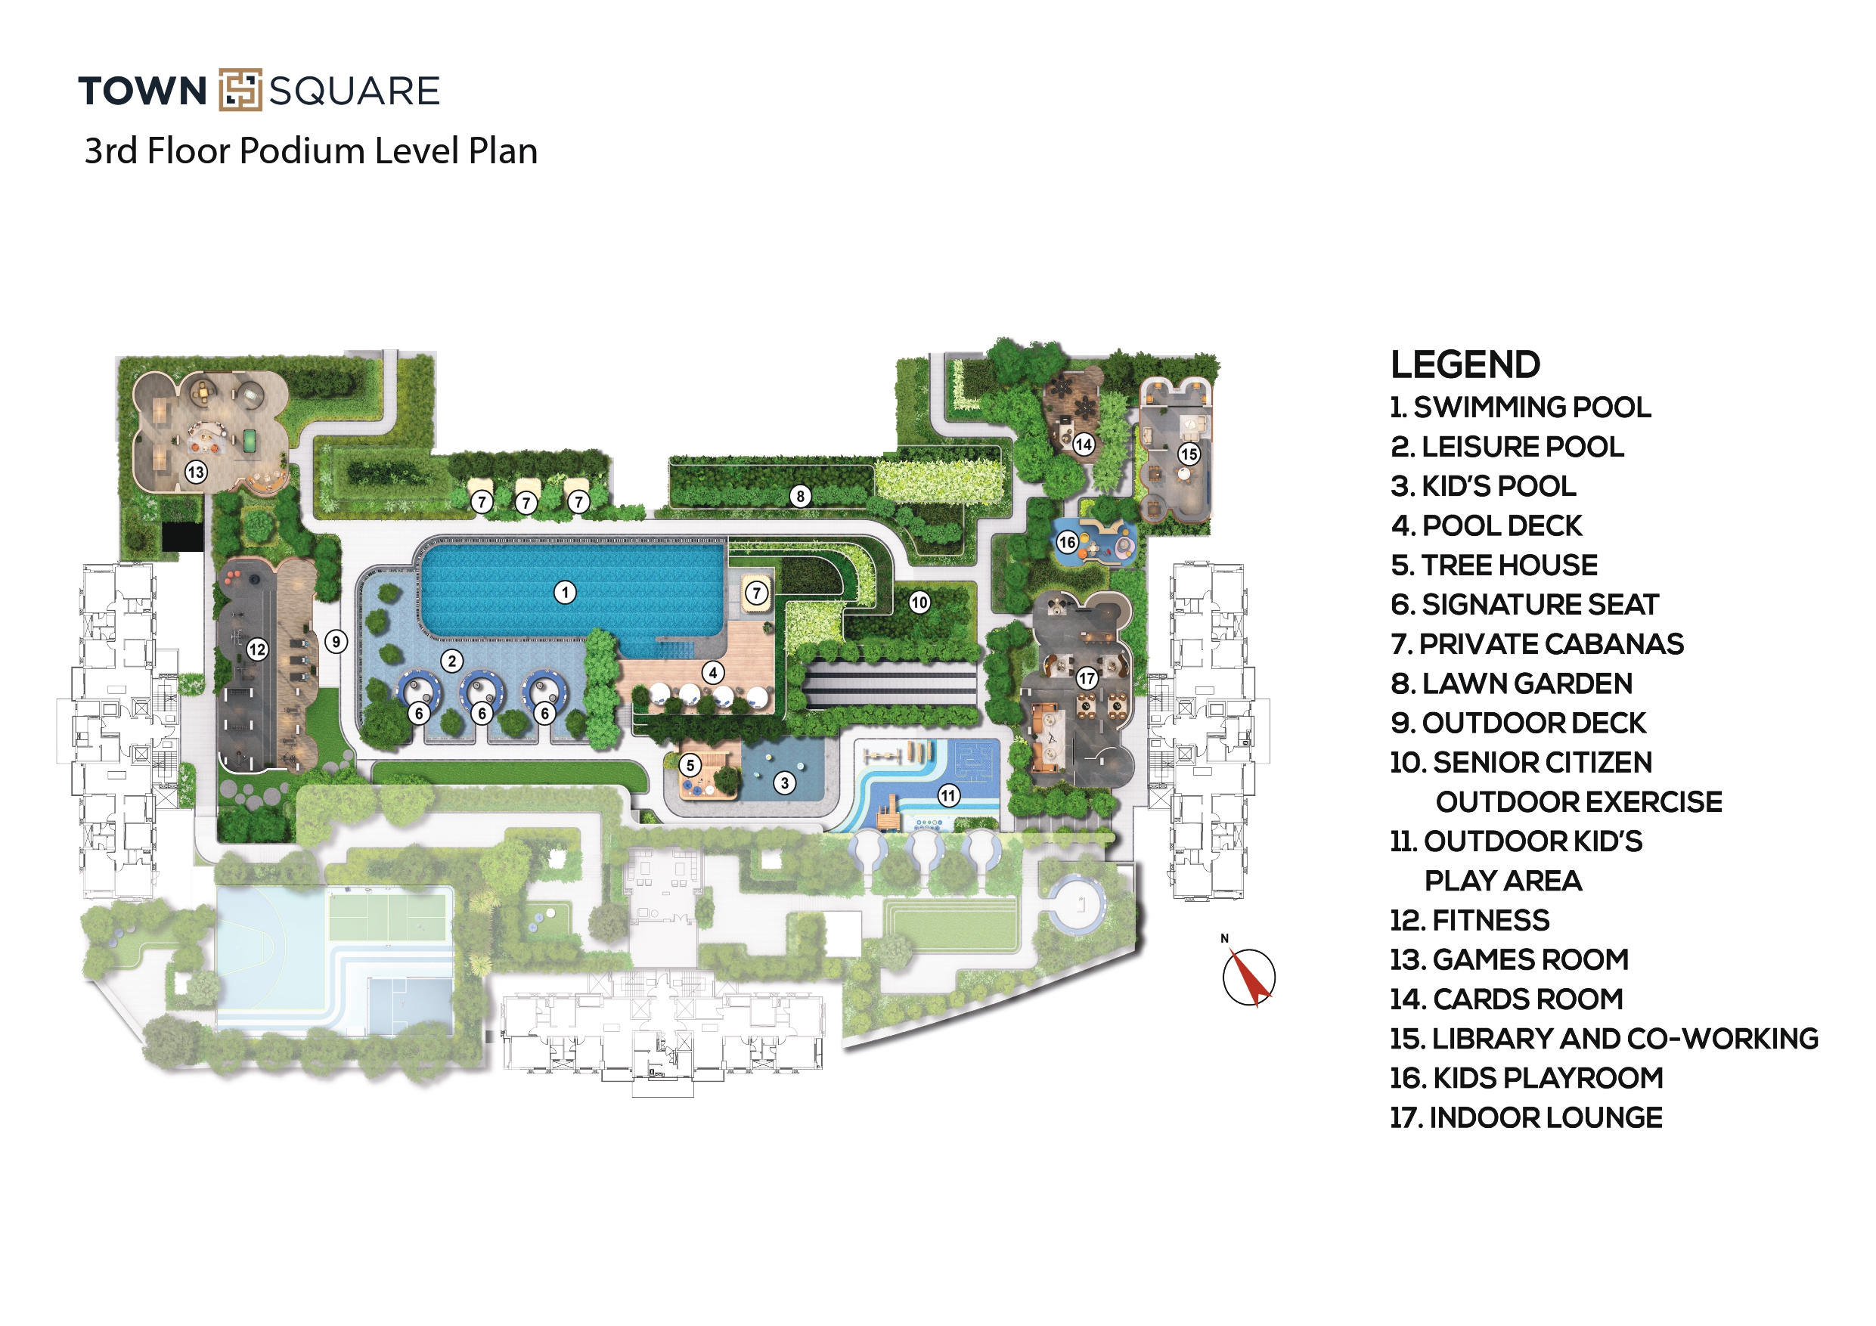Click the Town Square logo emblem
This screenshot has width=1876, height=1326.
click(240, 90)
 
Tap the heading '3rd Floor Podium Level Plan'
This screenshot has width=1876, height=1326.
click(311, 151)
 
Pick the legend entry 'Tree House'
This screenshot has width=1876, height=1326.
click(1493, 565)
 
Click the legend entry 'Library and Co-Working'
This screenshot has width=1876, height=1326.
click(1603, 1039)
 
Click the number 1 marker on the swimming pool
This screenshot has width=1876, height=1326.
click(565, 593)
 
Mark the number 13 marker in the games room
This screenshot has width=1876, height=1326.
click(195, 472)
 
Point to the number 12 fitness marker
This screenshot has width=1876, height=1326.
click(257, 649)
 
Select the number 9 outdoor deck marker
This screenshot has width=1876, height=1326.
click(336, 641)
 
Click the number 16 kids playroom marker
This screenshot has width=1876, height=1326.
click(1067, 542)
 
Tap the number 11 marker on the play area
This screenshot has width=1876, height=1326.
click(947, 795)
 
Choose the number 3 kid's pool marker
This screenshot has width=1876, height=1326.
click(784, 783)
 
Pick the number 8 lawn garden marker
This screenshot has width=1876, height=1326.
click(801, 496)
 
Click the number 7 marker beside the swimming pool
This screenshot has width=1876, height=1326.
click(757, 593)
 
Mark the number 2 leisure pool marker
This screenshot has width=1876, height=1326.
click(452, 661)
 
